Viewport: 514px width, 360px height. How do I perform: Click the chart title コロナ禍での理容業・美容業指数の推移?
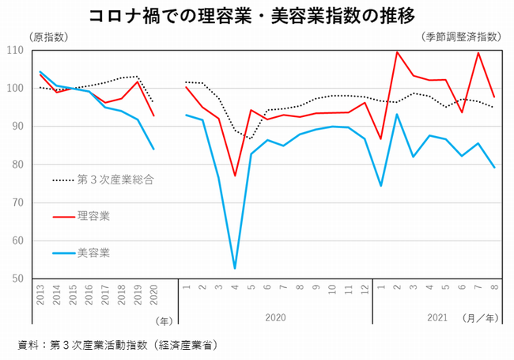pyautogui.click(x=256, y=15)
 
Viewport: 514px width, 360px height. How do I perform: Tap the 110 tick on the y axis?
pyautogui.click(x=16, y=50)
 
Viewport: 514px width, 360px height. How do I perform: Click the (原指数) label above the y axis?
pyautogui.click(x=49, y=37)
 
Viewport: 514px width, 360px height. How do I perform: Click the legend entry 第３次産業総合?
pyautogui.click(x=114, y=180)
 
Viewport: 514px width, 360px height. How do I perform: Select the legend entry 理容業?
pyautogui.click(x=93, y=215)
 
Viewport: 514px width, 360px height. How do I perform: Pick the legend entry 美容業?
pyautogui.click(x=93, y=252)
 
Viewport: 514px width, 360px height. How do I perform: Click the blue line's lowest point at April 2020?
pyautogui.click(x=235, y=268)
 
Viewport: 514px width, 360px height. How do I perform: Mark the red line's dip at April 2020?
pyautogui.click(x=235, y=176)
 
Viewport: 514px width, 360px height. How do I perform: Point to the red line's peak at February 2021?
pyautogui.click(x=396, y=52)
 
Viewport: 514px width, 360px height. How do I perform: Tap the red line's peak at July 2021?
pyautogui.click(x=478, y=53)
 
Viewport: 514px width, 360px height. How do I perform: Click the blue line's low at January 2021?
pyautogui.click(x=380, y=186)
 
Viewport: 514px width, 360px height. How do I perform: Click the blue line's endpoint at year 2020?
pyautogui.click(x=153, y=149)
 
